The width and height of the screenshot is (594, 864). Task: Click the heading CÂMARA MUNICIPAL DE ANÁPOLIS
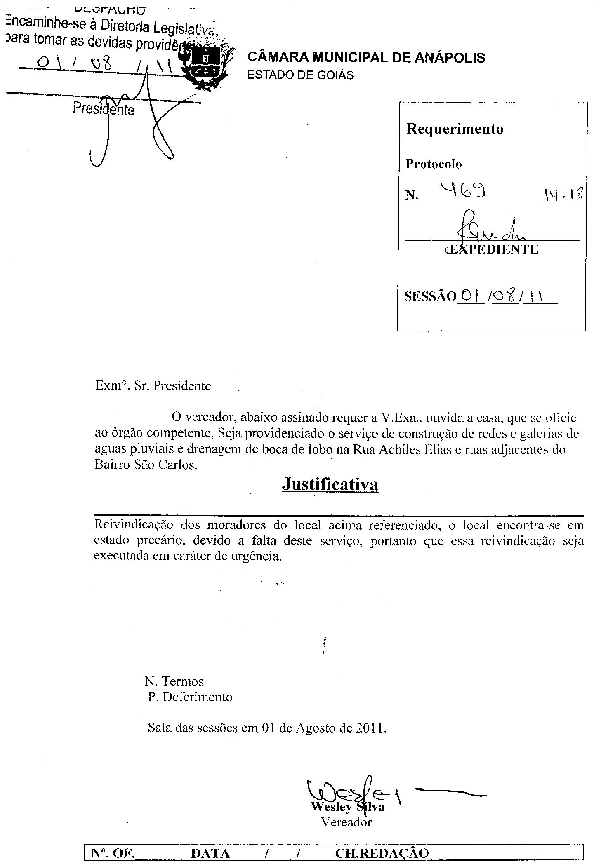click(366, 58)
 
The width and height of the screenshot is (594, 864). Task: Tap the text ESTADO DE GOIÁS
click(300, 75)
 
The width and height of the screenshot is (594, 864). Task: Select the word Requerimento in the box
click(455, 129)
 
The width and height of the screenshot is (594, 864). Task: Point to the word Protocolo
click(434, 164)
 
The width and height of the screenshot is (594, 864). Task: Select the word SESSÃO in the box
click(430, 297)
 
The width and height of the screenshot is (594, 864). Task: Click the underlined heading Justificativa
click(330, 484)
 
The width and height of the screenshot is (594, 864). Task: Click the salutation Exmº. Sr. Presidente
click(153, 386)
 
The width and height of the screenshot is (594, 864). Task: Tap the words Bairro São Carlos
click(146, 465)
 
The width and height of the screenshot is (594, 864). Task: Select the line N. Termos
click(174, 681)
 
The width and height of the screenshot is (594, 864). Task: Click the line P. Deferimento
click(190, 697)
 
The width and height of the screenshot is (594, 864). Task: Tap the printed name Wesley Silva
click(348, 806)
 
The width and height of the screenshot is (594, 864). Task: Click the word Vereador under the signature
click(346, 822)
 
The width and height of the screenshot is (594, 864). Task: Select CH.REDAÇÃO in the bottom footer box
click(382, 854)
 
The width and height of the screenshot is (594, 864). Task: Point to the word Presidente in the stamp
click(104, 109)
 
